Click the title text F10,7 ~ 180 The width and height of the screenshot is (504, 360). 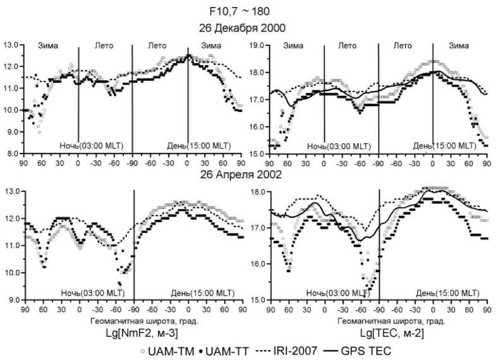pos(251,11)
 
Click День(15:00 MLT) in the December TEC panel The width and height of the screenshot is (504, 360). pos(445,146)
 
